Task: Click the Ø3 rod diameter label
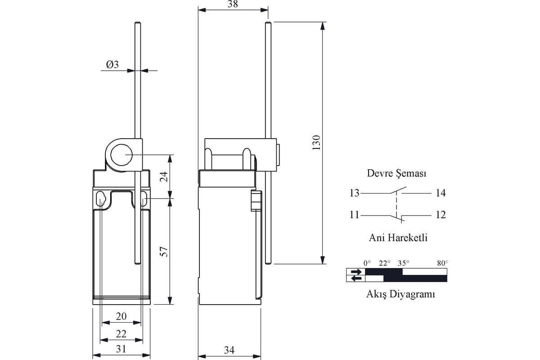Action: [x=112, y=65]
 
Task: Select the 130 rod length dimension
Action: [x=316, y=143]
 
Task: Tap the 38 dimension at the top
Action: [x=233, y=4]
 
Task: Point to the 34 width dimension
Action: [x=229, y=350]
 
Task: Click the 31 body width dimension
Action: [x=121, y=349]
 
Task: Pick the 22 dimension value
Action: [x=121, y=334]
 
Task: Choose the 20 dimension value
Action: [x=121, y=316]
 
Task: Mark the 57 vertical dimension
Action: [x=164, y=252]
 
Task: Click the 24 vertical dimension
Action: [x=164, y=176]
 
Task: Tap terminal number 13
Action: [x=355, y=193]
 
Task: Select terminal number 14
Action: [x=441, y=193]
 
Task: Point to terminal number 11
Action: [x=355, y=215]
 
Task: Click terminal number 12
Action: [x=441, y=215]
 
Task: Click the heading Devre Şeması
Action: [x=396, y=174]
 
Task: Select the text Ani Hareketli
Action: [x=398, y=238]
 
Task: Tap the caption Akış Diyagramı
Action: [x=400, y=294]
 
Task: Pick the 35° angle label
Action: [x=404, y=263]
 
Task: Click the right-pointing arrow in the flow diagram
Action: [x=356, y=272]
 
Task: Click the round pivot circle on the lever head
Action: [x=121, y=155]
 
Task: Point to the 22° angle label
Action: [x=384, y=263]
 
